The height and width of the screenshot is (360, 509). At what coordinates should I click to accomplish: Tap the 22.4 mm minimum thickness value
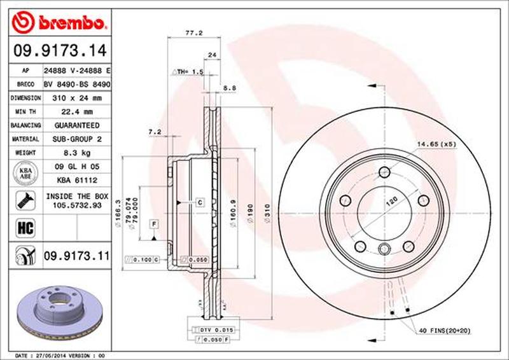pos(78,112)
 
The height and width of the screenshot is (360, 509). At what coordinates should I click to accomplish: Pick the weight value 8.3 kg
pos(77,153)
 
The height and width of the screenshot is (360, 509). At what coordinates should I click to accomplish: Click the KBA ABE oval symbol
pos(25,173)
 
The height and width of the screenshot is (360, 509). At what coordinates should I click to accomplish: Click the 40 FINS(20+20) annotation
pos(444,330)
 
